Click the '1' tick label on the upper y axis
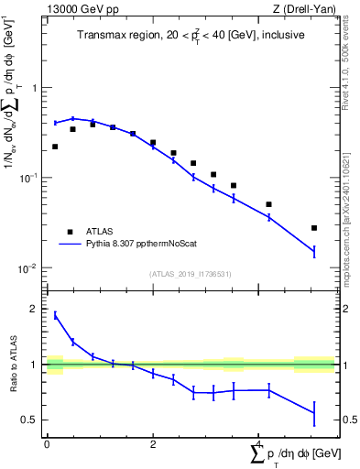pos(35,89)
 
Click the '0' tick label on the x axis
pos(47,444)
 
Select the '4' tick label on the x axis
pos(259,444)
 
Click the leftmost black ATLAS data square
pos(55,147)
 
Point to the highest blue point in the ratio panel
pos(55,315)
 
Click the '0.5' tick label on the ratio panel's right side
pos(350,420)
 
